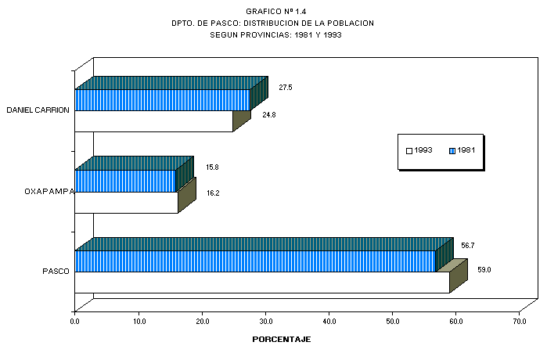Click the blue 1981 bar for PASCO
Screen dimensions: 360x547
tap(255, 261)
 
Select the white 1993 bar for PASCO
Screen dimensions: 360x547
tap(262, 282)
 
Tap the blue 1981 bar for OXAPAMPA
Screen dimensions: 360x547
tap(125, 181)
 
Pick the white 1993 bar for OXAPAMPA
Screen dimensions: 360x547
tap(126, 202)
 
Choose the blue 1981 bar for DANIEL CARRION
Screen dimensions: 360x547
tap(162, 99)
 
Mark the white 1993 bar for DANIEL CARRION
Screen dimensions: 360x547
tap(153, 121)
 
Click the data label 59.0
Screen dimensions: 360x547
tap(484, 270)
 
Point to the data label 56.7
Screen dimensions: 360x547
tap(467, 246)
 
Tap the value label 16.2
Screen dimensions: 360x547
tap(212, 192)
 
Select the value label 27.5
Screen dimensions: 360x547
tap(286, 88)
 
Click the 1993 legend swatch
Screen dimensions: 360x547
tap(408, 149)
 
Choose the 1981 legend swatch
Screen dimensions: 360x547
tap(452, 149)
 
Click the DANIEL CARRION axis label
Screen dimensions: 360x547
tap(38, 110)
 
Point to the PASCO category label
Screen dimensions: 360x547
tap(56, 272)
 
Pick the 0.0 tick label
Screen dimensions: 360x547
tap(75, 319)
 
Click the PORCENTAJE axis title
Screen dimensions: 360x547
tap(282, 340)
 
